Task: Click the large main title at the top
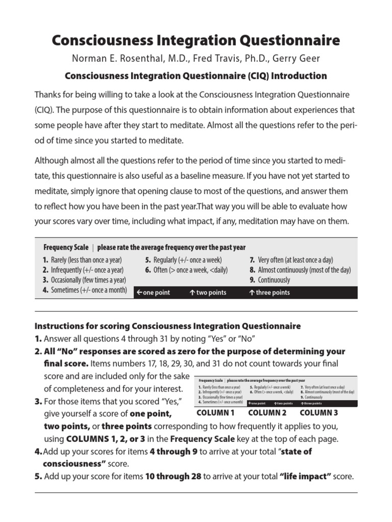click(x=195, y=40)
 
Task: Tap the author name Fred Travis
click(x=224, y=59)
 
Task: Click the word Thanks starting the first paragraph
click(x=47, y=95)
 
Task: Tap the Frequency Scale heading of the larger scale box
click(x=65, y=247)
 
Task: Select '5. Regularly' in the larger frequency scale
click(x=161, y=260)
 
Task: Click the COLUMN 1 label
click(x=215, y=413)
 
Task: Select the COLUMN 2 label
click(x=267, y=413)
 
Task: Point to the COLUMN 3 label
click(x=319, y=413)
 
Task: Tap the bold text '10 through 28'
click(x=174, y=477)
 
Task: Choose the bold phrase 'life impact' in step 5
click(x=305, y=477)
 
